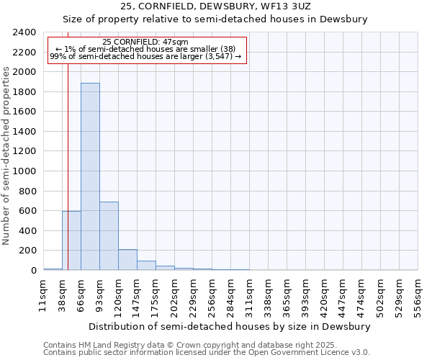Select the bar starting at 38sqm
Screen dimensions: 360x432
click(x=71, y=240)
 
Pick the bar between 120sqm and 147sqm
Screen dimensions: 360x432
click(x=127, y=260)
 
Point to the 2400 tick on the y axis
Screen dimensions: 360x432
click(x=24, y=32)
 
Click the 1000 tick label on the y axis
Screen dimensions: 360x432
click(x=24, y=171)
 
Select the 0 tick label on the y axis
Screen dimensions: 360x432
click(x=33, y=271)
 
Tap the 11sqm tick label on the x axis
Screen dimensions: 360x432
click(x=43, y=295)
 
